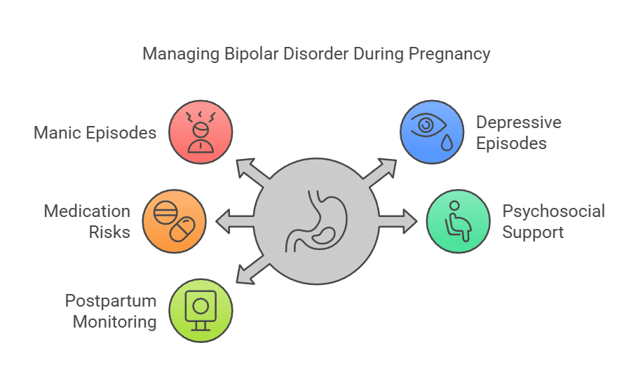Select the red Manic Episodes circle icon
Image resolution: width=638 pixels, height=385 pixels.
point(201,131)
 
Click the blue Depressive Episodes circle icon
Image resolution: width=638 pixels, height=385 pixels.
point(432,131)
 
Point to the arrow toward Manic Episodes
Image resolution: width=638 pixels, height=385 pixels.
point(249,171)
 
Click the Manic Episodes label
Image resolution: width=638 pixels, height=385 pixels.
point(95,132)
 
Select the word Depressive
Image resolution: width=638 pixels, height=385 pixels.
point(518,122)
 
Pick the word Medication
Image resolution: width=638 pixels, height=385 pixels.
point(87,211)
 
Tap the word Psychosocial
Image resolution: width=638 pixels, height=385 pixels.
point(553,211)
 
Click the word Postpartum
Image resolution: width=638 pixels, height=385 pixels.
point(110,301)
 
